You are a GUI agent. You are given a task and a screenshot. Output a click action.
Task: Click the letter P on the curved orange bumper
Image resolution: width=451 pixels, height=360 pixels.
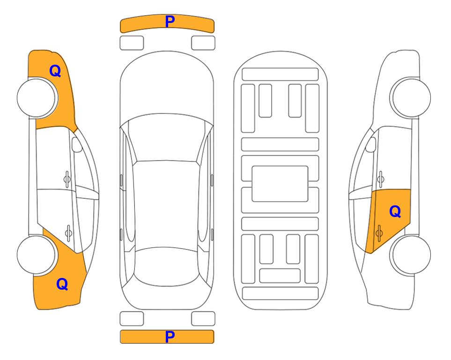pos(170,21)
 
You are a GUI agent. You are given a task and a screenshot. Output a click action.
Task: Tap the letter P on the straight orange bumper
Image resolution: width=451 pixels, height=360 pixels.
pos(170,337)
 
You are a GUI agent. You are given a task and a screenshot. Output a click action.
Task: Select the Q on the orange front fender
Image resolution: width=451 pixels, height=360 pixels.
pos(55,71)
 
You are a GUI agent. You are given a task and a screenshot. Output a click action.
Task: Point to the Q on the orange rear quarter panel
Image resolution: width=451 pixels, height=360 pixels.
pos(62,284)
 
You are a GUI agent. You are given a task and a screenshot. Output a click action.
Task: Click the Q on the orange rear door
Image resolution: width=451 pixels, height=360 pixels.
pos(395,212)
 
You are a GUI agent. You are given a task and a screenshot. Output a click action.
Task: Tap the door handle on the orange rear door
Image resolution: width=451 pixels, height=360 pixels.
pos(379,233)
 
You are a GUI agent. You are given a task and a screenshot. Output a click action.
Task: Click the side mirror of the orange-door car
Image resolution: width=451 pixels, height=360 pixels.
pos(371,144)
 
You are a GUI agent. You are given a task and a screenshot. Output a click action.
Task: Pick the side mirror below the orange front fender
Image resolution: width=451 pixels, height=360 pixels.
pos(76,144)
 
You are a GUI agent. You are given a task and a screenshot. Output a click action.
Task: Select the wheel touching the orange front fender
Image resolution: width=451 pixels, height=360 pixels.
pos(37,98)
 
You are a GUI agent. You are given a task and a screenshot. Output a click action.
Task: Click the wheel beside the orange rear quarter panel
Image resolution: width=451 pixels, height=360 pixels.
pos(37,255)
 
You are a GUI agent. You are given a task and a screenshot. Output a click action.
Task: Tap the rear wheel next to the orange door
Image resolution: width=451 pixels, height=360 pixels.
pos(410,255)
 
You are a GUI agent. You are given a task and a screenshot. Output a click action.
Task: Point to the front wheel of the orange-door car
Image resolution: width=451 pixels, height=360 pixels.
pos(410,97)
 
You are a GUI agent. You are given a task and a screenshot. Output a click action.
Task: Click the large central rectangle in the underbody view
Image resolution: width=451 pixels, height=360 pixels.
pos(280,184)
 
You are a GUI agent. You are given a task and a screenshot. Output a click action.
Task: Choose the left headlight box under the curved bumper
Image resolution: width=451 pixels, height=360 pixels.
pos(132,43)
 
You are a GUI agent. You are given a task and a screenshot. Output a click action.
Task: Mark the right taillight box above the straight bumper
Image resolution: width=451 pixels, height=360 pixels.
pos(203,319)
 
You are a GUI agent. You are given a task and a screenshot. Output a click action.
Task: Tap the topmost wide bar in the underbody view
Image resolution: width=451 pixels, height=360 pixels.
pos(280,75)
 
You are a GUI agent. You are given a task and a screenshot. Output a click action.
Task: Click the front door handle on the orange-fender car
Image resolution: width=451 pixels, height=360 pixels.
pos(67,180)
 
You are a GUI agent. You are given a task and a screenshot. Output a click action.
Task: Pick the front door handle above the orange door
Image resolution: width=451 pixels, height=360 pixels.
pos(380,179)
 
